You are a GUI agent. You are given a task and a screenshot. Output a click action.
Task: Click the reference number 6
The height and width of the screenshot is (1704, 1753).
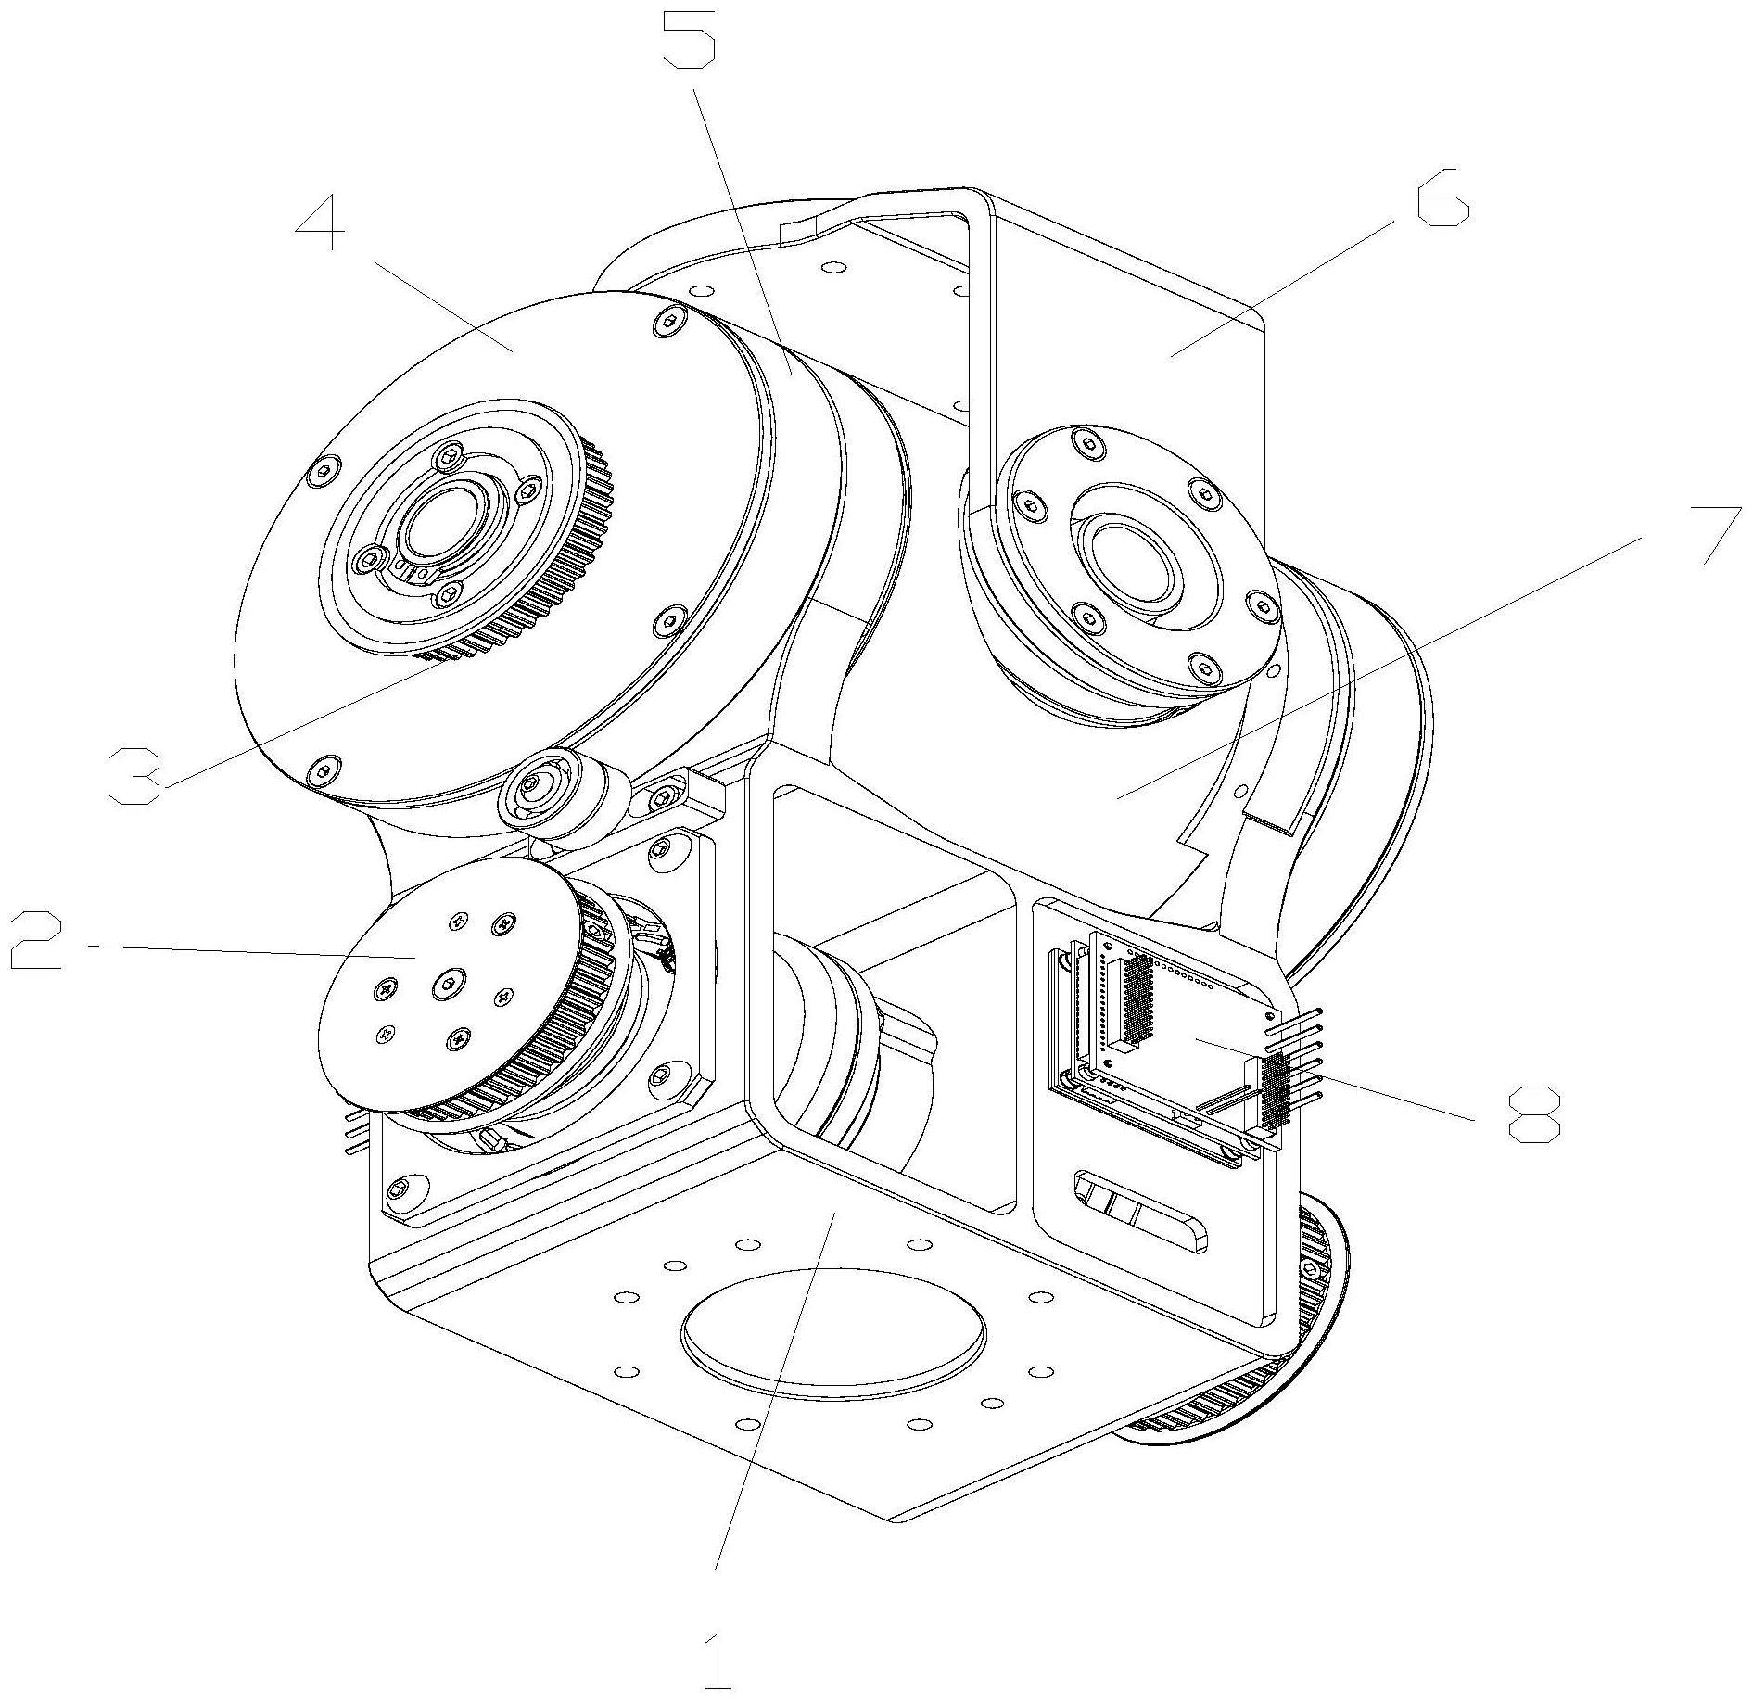point(1442,197)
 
